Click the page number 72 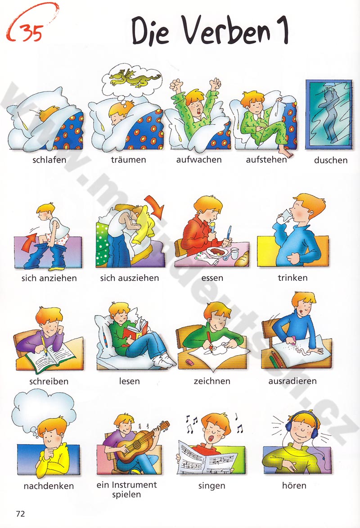[20, 514]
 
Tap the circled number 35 [31, 33]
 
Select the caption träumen [129, 160]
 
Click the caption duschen [331, 160]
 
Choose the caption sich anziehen [49, 278]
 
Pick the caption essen [212, 278]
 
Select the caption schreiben [49, 381]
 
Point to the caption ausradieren [292, 381]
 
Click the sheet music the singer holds [211, 456]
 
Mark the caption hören [295, 485]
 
